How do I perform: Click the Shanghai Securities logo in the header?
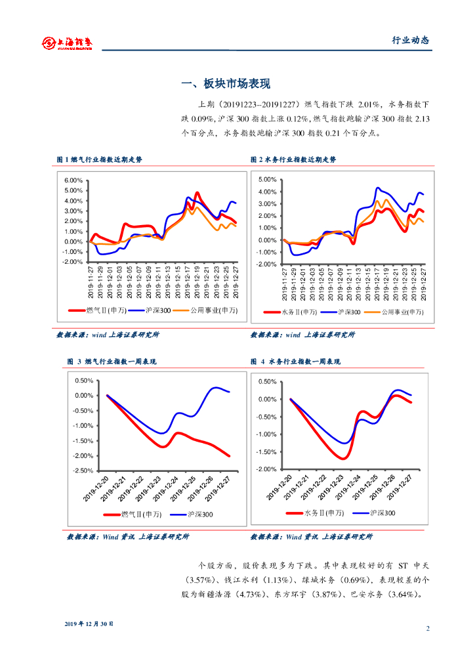pyautogui.click(x=67, y=43)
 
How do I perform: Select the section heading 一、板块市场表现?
pyautogui.click(x=225, y=83)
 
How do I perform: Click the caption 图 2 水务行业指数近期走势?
pyautogui.click(x=293, y=159)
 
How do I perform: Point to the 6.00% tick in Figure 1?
pyautogui.click(x=73, y=180)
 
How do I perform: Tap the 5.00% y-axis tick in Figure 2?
pyautogui.click(x=268, y=179)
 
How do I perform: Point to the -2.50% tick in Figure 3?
pyautogui.click(x=83, y=471)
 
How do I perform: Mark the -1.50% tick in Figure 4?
pyautogui.click(x=266, y=452)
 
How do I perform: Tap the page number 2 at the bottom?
pyautogui.click(x=428, y=629)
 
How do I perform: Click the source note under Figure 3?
pyautogui.click(x=128, y=537)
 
